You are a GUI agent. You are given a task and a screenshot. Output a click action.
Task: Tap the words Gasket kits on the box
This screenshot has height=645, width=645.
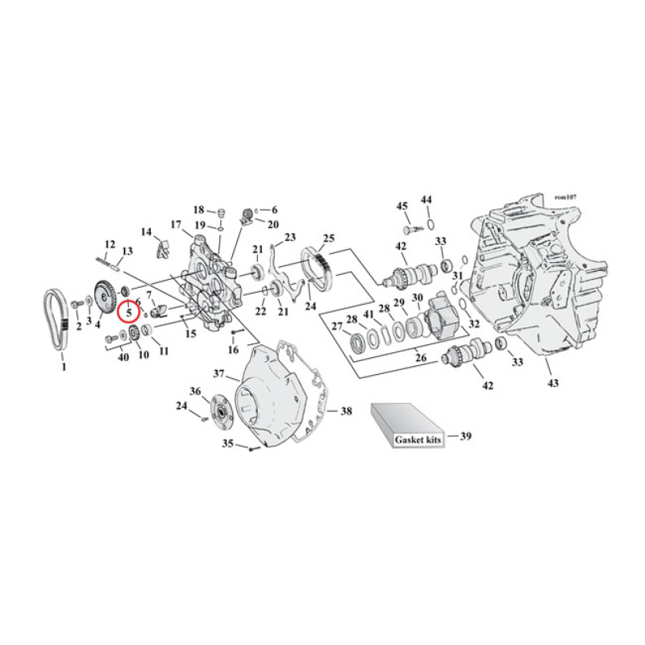pos(413,440)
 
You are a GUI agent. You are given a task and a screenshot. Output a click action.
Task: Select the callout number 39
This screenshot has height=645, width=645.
pos(465,436)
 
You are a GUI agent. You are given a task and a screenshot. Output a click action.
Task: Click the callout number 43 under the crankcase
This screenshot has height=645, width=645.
pos(551,382)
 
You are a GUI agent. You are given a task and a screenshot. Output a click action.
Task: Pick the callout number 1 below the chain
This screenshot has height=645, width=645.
pos(64,367)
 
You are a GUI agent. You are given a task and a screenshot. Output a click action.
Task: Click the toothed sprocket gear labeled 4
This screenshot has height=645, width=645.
pos(102,298)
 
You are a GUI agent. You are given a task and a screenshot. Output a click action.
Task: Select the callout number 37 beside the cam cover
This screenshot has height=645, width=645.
pos(218,373)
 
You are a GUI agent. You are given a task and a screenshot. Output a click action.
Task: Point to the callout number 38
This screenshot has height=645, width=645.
pos(346,411)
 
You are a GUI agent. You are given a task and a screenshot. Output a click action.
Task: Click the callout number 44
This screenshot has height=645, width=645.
pos(427,199)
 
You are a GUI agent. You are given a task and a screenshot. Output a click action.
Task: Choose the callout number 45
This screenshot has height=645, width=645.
pos(402,206)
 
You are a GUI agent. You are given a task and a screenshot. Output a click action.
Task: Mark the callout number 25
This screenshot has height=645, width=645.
pos(328,238)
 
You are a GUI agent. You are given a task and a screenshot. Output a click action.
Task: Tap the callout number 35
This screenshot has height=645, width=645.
pos(228,443)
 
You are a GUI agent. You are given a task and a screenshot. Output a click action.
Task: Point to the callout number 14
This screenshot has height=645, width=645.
pos(146,232)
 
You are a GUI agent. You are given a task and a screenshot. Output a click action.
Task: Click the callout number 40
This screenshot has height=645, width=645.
pos(123,356)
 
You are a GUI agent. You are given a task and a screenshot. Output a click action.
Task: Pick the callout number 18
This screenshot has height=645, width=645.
pos(198,210)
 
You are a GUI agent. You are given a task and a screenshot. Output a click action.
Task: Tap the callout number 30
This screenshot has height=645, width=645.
pos(417,298)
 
